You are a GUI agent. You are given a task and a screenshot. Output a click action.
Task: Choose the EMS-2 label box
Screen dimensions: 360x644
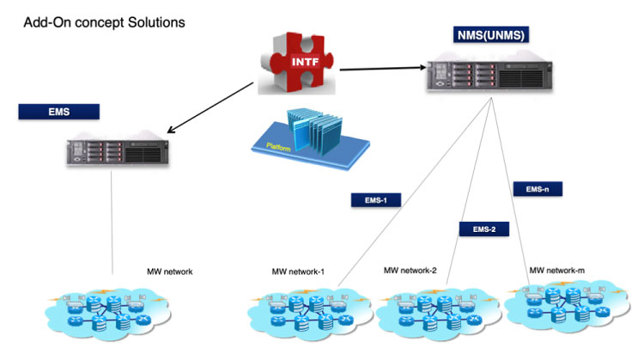[x=484, y=229]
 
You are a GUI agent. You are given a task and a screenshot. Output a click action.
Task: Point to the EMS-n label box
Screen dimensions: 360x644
[x=537, y=187]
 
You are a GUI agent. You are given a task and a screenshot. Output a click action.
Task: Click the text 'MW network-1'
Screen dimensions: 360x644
[x=298, y=272]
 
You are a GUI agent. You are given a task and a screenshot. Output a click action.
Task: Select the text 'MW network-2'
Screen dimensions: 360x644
[x=410, y=271]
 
